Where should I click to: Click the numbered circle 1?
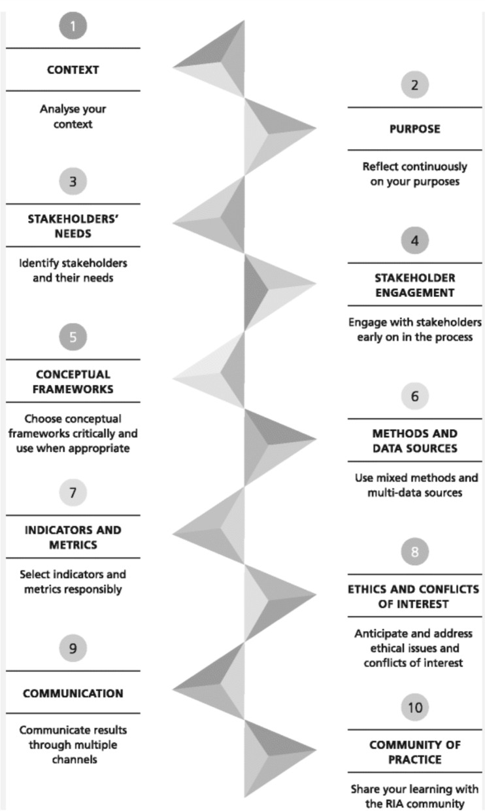pyautogui.click(x=73, y=27)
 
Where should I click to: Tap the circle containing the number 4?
pyautogui.click(x=414, y=241)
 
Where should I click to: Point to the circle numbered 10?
pyautogui.click(x=414, y=708)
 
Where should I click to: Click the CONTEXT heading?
pyautogui.click(x=73, y=69)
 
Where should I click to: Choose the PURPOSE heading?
pyautogui.click(x=414, y=129)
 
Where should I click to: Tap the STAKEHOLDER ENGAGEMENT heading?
pyautogui.click(x=414, y=285)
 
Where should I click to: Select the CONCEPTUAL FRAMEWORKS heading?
pyautogui.click(x=73, y=381)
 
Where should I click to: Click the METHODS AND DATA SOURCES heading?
pyautogui.click(x=414, y=441)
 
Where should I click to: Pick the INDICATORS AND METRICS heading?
pyautogui.click(x=73, y=537)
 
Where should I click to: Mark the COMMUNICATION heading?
pyautogui.click(x=73, y=693)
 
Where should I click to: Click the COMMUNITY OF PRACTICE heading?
pyautogui.click(x=414, y=751)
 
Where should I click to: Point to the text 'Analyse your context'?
pyautogui.click(x=73, y=116)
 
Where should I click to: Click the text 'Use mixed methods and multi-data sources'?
pyautogui.click(x=414, y=485)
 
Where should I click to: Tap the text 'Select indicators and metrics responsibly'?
pyautogui.click(x=73, y=581)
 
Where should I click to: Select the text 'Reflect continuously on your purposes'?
pyautogui.click(x=414, y=174)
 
